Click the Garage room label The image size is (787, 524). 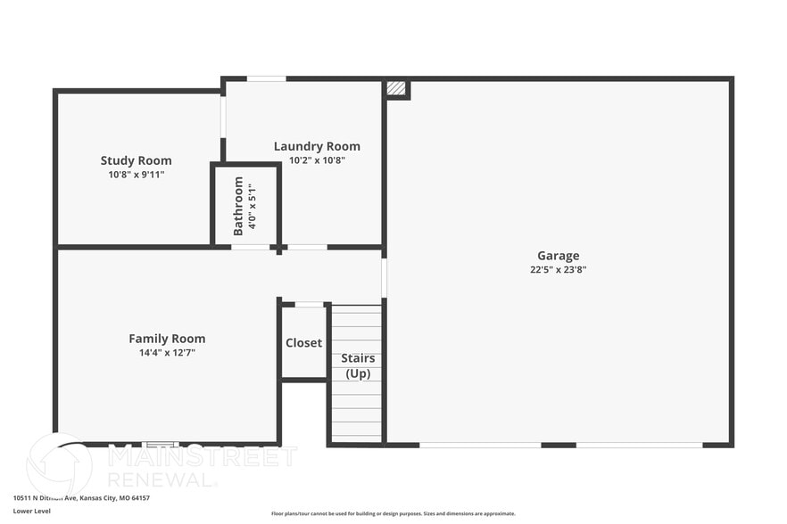click(558, 256)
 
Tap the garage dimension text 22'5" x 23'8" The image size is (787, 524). click(558, 269)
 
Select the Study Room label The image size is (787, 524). click(136, 161)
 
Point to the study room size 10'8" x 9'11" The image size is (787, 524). click(136, 175)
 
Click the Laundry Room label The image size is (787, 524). click(317, 147)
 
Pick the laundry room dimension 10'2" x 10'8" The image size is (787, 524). click(317, 160)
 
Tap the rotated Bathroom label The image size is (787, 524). click(238, 206)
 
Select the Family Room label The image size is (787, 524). click(167, 339)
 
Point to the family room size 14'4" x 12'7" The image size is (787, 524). click(167, 352)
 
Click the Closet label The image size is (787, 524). click(303, 343)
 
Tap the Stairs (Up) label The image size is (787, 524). click(357, 365)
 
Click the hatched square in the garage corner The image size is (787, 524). click(396, 88)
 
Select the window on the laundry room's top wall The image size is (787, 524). click(266, 78)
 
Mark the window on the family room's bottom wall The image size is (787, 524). click(161, 444)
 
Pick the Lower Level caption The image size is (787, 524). click(32, 511)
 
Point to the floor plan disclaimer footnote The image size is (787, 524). click(393, 513)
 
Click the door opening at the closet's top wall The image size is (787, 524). click(309, 305)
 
